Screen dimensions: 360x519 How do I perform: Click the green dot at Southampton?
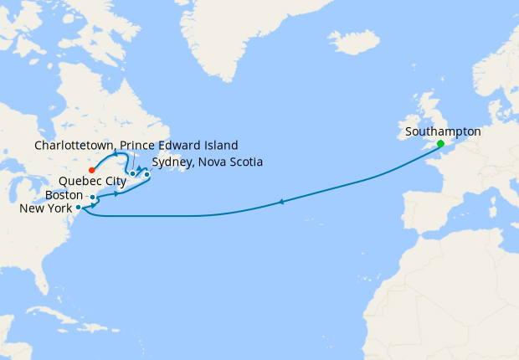(440, 143)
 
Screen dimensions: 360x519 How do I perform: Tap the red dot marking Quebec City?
(91, 170)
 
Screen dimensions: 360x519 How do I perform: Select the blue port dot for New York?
(78, 207)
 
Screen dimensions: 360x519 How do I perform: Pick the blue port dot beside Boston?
(92, 198)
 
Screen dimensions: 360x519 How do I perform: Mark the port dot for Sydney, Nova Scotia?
(146, 174)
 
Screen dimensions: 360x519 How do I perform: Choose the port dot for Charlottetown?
(132, 174)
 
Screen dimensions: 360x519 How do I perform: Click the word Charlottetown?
(73, 145)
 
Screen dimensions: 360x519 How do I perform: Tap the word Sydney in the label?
(172, 162)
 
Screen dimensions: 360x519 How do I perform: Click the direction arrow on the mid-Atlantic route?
(282, 201)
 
